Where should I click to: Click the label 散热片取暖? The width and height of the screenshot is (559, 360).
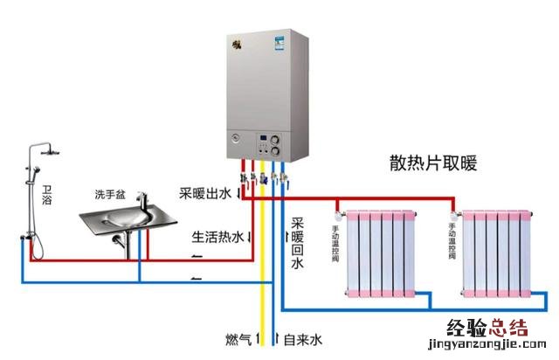(439, 163)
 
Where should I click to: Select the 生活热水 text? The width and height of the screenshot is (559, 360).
(217, 237)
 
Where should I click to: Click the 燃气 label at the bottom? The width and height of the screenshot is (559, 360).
(237, 337)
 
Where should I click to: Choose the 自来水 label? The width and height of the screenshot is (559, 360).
(303, 337)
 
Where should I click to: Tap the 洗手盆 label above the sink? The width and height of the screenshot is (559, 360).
(112, 193)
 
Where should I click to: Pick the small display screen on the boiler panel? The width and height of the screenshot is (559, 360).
(263, 139)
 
